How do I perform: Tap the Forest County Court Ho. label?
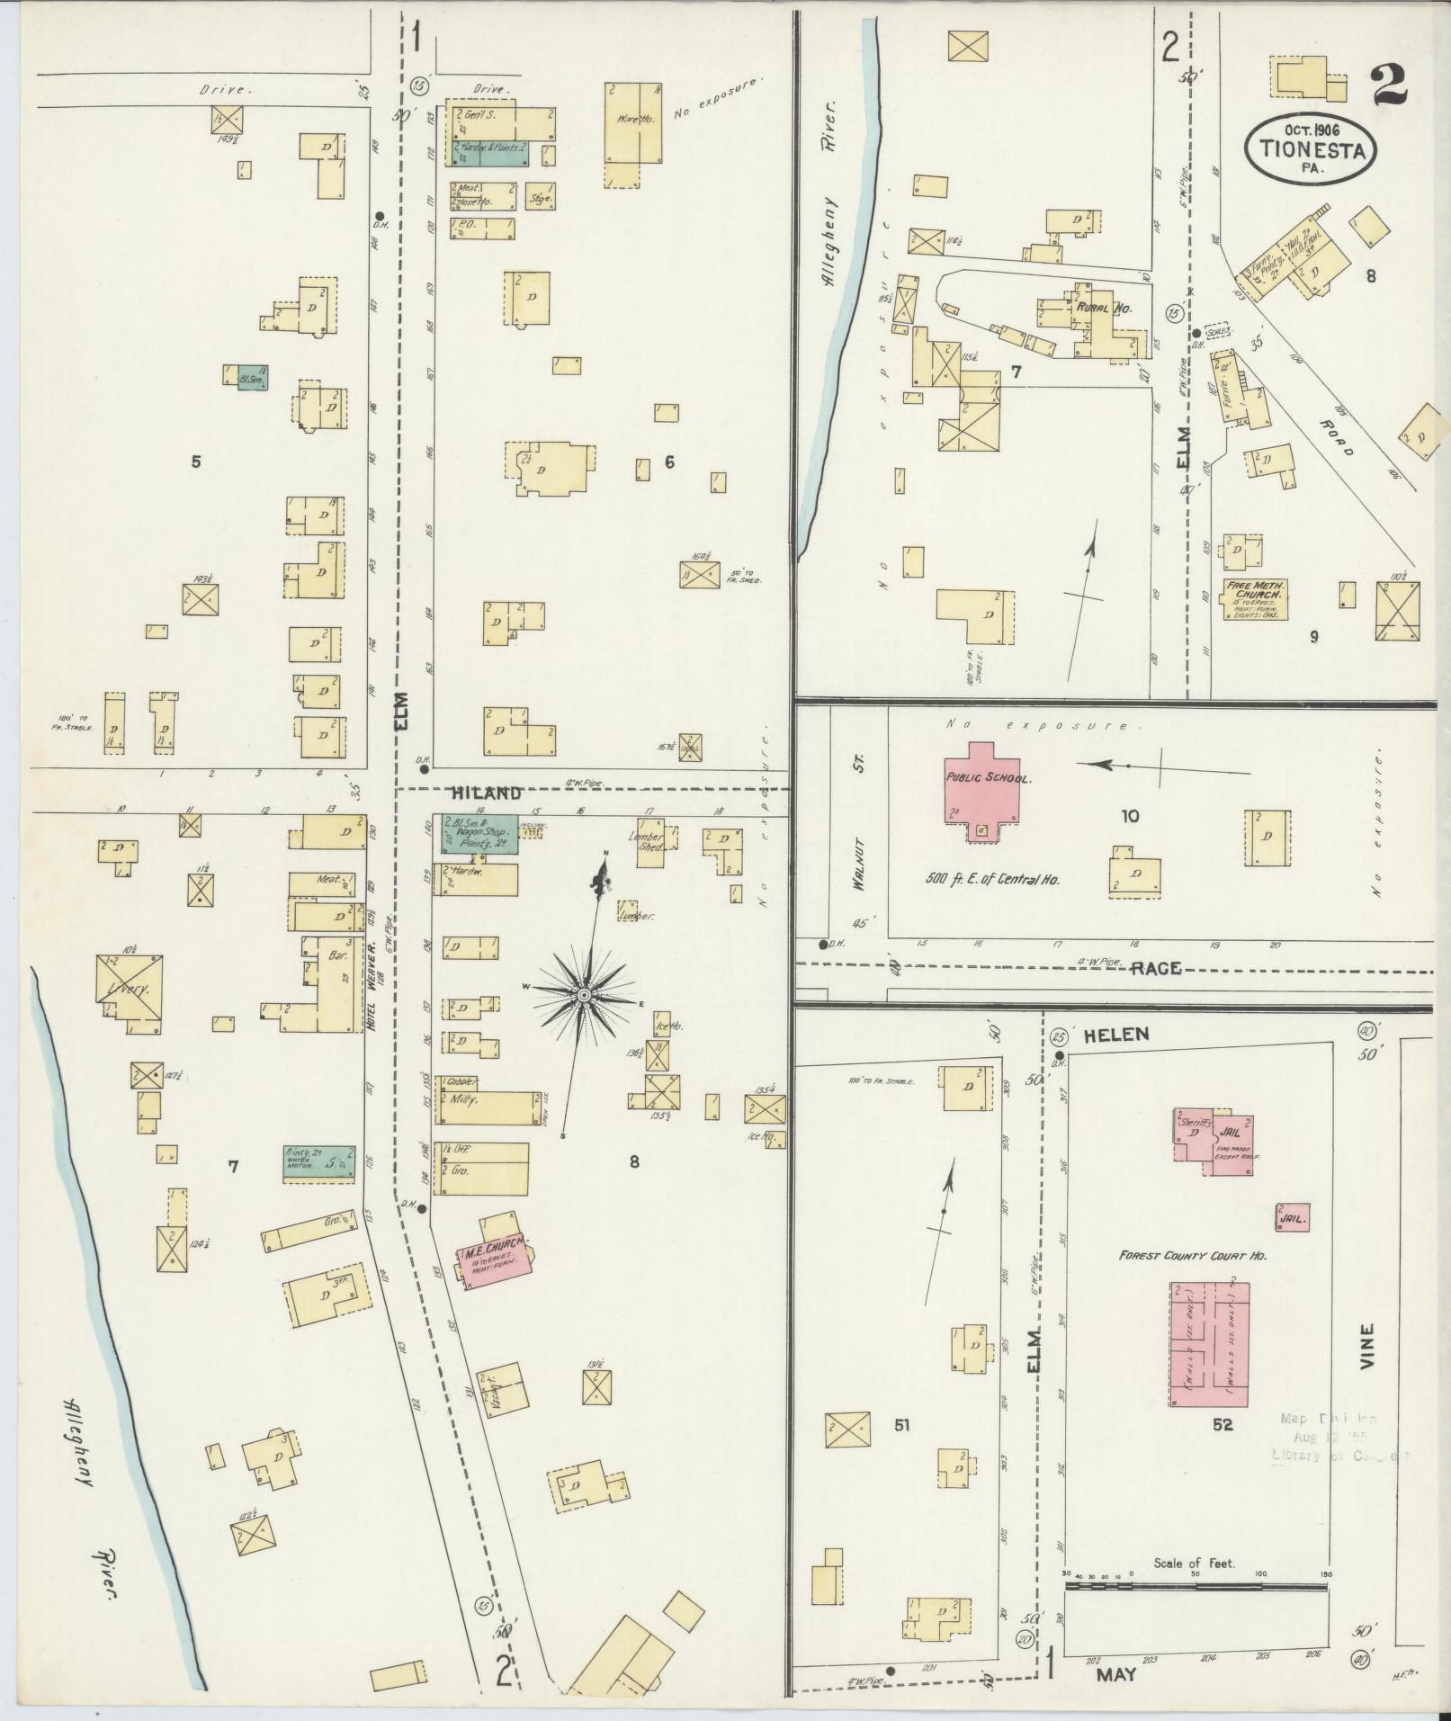(1192, 1255)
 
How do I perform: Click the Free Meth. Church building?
(1253, 599)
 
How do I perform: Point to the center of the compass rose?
(583, 994)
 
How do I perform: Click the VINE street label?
(1367, 1346)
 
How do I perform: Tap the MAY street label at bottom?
(1115, 1676)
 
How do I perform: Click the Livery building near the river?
(130, 990)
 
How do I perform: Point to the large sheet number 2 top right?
(1389, 87)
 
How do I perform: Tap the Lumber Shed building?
(651, 842)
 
